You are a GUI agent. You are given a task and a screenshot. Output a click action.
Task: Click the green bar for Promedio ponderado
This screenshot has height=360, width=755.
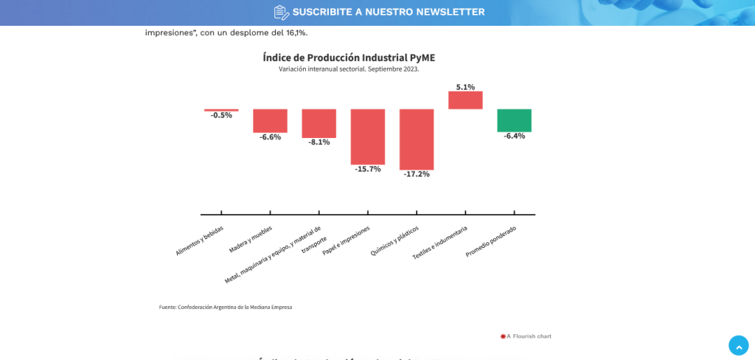[514, 120]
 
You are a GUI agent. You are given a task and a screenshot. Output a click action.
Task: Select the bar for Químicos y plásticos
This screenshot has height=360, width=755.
[417, 139]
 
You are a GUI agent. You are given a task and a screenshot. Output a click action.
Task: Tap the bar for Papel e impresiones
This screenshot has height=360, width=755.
[368, 136]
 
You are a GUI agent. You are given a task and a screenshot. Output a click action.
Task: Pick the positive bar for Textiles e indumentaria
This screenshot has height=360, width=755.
[465, 100]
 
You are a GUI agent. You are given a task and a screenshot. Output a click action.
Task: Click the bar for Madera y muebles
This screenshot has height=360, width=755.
[270, 120]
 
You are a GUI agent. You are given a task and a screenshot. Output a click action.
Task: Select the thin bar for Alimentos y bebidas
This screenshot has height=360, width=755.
[221, 110]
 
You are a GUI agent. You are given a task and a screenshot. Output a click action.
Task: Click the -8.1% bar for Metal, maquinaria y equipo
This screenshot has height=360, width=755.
[319, 123]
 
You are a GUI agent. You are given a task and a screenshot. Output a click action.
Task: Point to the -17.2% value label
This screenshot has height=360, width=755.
[417, 174]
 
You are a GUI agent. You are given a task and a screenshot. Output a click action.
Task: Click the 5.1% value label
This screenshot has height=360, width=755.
[465, 87]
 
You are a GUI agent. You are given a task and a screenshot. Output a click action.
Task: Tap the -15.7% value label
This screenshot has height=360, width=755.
[368, 169]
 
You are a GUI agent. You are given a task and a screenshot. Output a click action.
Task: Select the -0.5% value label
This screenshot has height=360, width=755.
[221, 116]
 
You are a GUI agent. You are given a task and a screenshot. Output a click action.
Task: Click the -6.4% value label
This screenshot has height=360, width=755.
[514, 136]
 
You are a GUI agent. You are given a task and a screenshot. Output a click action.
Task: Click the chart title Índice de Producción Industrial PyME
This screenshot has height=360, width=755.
[349, 57]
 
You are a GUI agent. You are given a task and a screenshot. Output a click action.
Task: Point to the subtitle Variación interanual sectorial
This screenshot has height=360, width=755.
[349, 69]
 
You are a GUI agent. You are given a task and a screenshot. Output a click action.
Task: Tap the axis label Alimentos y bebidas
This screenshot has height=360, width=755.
[200, 240]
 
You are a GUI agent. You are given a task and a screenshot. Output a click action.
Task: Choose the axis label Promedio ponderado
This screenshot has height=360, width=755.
[491, 241]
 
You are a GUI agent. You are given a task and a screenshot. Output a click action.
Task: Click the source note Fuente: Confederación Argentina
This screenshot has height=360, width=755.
[226, 307]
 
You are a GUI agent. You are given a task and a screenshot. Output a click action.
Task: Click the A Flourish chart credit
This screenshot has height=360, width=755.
[526, 336]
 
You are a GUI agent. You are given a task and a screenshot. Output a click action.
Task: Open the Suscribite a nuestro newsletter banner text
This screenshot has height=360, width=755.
[388, 12]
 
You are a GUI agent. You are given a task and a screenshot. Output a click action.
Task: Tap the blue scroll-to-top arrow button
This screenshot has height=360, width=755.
[738, 345]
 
